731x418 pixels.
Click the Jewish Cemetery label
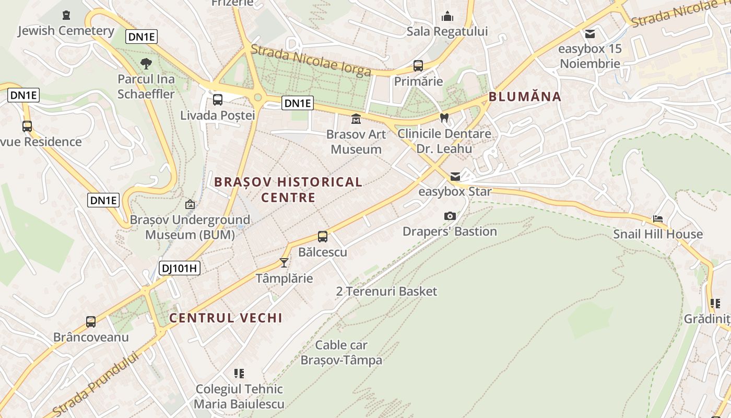coord(66,31)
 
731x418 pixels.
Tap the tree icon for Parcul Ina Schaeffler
coord(146,64)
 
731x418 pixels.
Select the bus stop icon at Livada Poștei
coord(218,99)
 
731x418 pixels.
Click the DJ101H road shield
coord(179,269)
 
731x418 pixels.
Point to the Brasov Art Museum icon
coord(356,119)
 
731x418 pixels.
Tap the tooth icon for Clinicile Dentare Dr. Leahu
coord(444,118)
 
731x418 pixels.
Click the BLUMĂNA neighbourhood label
coord(525,97)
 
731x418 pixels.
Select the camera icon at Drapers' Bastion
coord(450,216)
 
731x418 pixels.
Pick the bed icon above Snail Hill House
coord(658,219)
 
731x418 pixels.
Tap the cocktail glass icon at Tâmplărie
coord(284,262)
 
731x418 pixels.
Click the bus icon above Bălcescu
coord(323,237)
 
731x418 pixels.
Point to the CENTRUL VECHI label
coord(226,318)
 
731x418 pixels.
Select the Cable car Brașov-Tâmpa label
coord(341,353)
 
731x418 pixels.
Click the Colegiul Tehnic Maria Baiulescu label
coord(239,397)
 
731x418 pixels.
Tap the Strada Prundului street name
coord(97,384)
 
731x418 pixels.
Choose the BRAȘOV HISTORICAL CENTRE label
coord(288,190)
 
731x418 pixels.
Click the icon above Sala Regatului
coord(447,16)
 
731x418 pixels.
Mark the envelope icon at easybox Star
coord(455,177)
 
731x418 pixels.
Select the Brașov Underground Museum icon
coord(190,204)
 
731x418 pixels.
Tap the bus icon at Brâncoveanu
coord(91,322)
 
